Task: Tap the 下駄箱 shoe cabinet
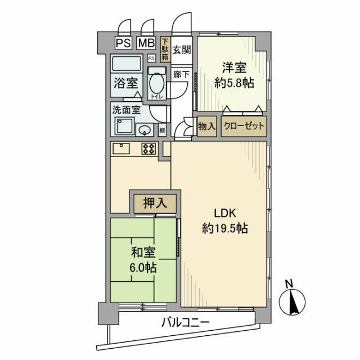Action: tap(165, 49)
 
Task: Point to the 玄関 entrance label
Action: tap(181, 49)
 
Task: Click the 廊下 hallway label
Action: tap(181, 74)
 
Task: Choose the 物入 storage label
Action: tap(206, 127)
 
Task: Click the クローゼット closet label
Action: tap(243, 127)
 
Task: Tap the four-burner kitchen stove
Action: tap(150, 148)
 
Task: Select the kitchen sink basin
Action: tap(121, 148)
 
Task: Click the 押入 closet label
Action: tap(155, 203)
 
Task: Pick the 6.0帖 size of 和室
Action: tap(144, 268)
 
